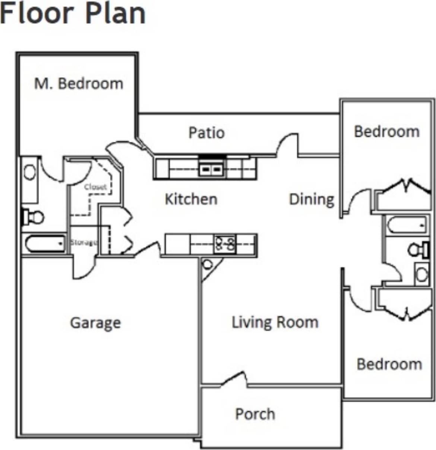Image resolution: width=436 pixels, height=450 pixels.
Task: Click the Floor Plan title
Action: (73, 14)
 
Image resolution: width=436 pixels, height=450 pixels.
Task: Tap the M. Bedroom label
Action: (79, 83)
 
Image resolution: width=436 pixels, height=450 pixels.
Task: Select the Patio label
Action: (206, 133)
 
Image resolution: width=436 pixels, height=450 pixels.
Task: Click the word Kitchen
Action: (191, 199)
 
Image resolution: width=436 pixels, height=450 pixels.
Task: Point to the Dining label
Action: (312, 199)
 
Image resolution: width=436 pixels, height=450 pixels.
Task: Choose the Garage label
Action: (95, 323)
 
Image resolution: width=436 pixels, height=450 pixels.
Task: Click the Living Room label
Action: (275, 322)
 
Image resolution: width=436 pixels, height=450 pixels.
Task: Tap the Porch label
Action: (255, 414)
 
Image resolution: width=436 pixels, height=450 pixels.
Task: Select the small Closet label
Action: (95, 187)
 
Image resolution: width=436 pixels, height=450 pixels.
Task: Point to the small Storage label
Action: (84, 242)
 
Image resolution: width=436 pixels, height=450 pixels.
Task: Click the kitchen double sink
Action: (211, 170)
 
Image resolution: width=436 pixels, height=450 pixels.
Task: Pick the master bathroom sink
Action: (29, 172)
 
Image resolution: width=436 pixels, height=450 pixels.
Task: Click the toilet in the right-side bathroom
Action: (419, 249)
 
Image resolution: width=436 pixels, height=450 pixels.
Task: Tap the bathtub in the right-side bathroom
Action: (407, 225)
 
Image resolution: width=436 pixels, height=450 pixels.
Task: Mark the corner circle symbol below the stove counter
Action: (207, 265)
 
